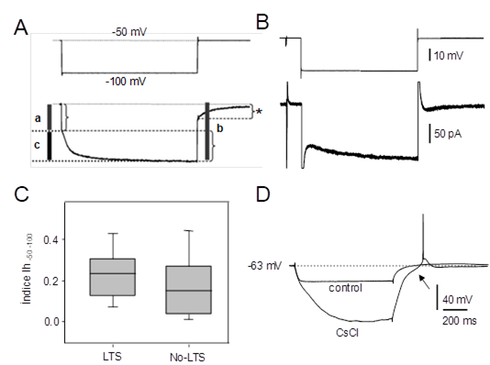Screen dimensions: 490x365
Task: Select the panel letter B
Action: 262,22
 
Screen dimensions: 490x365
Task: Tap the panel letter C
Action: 21,194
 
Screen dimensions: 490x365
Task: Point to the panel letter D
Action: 263,194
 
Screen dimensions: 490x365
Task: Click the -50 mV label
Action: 129,32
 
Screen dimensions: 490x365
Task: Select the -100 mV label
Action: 126,82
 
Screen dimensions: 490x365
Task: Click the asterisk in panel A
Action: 259,112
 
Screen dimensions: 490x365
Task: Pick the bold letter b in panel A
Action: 219,128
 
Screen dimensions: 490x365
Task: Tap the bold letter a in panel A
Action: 38,118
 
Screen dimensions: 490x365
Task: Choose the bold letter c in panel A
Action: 37,145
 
